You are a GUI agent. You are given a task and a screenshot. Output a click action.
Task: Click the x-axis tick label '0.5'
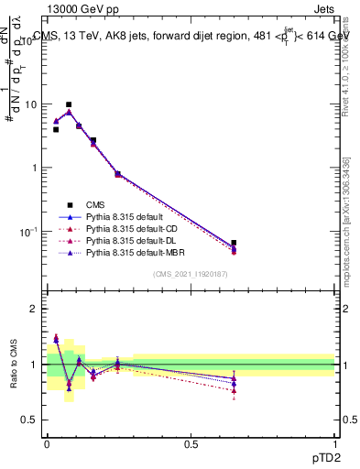click(191, 442)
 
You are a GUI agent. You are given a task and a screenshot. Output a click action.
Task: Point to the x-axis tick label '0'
click(47, 442)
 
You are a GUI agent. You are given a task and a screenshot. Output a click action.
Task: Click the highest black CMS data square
click(69, 105)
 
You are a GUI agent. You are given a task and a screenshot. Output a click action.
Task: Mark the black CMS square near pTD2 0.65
click(235, 244)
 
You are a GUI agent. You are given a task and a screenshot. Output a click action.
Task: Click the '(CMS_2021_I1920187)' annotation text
click(191, 275)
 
